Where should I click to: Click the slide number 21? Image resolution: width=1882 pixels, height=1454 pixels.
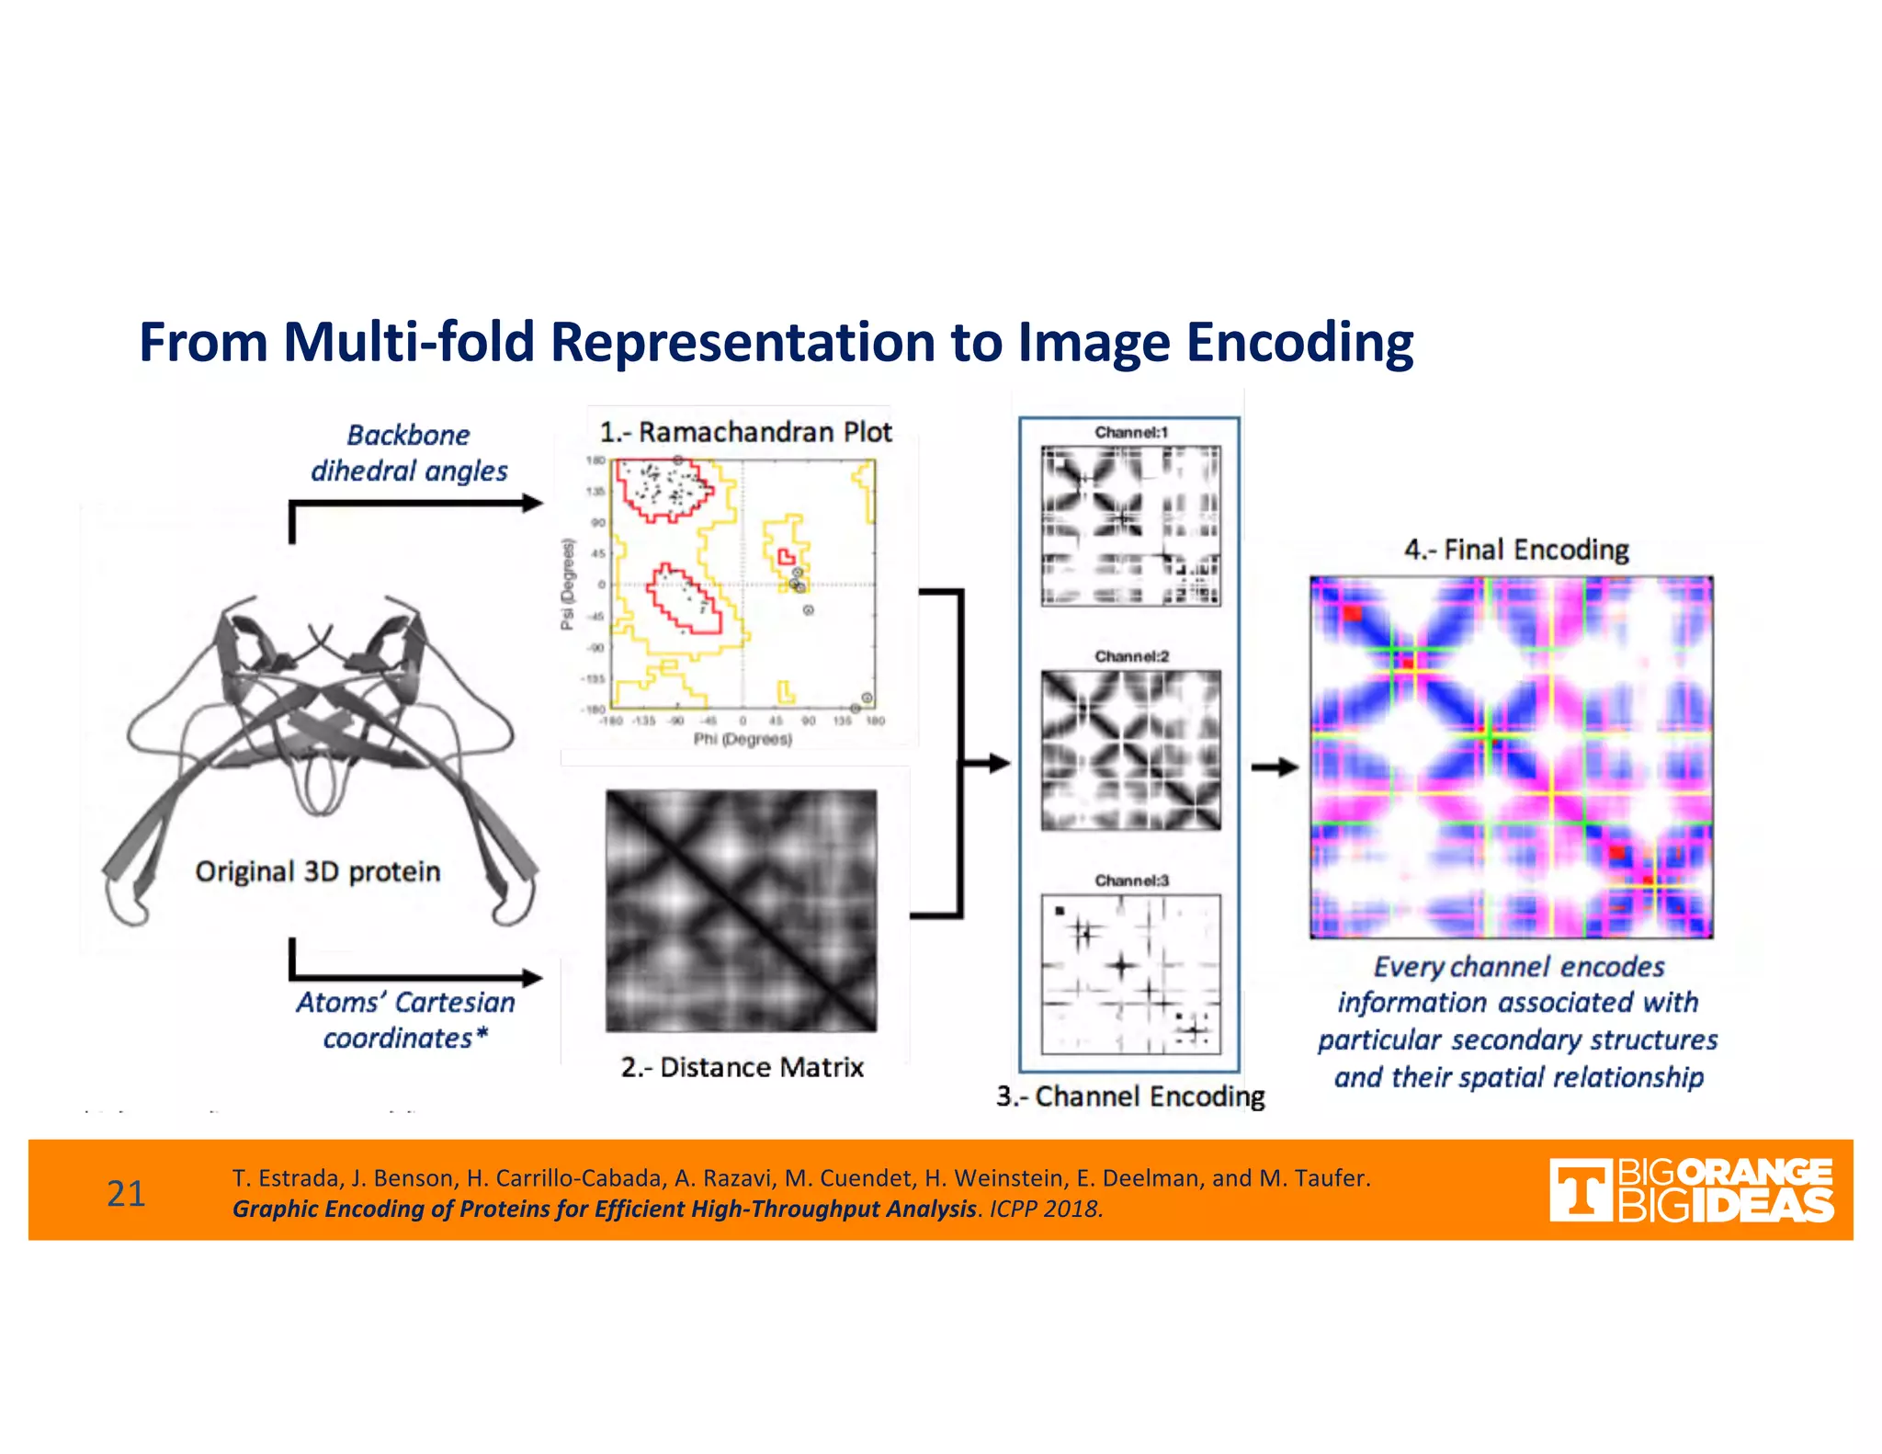coord(126,1193)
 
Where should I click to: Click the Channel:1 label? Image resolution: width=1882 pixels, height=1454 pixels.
coord(1130,432)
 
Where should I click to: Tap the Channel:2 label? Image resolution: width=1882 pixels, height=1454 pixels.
coord(1130,656)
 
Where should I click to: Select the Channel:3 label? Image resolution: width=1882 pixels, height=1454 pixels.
coord(1130,880)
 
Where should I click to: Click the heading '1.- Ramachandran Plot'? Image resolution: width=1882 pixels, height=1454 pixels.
coord(745,432)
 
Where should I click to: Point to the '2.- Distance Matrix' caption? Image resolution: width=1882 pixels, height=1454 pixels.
coord(742,1067)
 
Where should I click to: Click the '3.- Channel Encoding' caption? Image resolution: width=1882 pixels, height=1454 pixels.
coord(1130,1096)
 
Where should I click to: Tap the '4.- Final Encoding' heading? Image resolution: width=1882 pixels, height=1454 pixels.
coord(1515,550)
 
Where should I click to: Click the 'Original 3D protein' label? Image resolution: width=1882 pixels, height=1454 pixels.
coord(317,871)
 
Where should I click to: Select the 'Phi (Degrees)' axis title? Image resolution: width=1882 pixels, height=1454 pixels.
coord(742,739)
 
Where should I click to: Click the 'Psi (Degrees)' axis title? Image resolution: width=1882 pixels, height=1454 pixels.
coord(567,585)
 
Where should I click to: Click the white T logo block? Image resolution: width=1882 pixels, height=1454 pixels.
coord(1580,1190)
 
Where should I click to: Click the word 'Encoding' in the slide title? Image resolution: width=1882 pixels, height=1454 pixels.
coord(1299,342)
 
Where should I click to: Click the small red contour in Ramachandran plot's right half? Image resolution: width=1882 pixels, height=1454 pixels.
coord(786,556)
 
